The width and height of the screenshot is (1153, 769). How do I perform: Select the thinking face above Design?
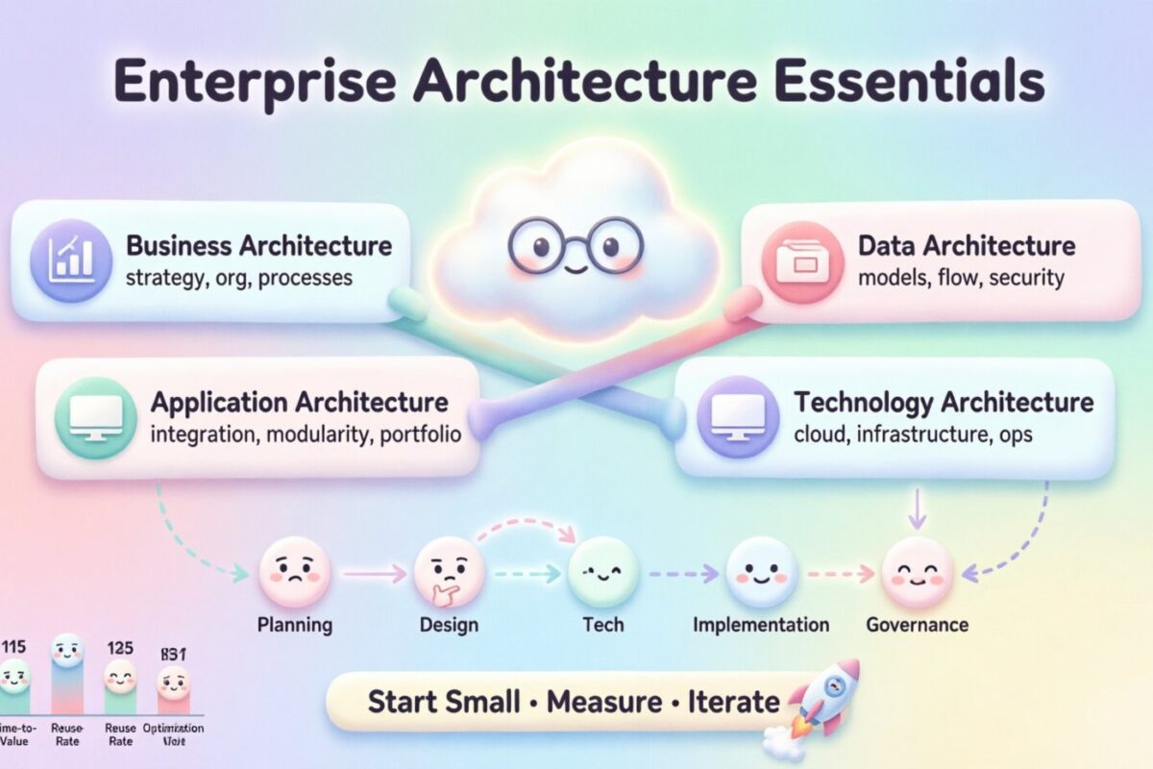448,574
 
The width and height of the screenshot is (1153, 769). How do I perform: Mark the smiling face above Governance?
917,574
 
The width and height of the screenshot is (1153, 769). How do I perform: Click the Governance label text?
917,625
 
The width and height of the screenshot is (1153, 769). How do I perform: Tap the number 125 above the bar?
121,648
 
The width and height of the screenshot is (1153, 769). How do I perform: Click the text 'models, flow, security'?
961,279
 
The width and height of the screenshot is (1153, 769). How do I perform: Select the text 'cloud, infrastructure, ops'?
913,434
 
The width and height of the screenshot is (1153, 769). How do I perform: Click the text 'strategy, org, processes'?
239,279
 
